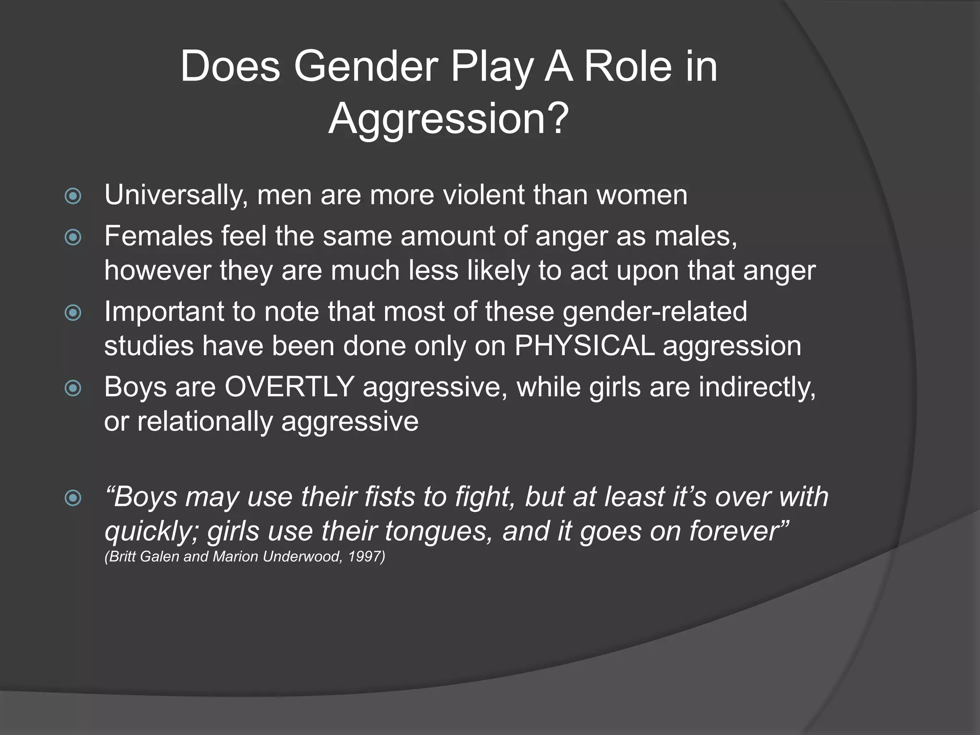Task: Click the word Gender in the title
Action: (x=366, y=67)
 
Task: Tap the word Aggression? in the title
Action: (x=448, y=119)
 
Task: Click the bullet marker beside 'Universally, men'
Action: (x=73, y=196)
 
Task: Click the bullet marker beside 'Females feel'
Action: (x=73, y=237)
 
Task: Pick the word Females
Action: (x=158, y=236)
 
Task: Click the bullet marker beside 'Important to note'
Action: (x=73, y=312)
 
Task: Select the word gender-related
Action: (x=655, y=312)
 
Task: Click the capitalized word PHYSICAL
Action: (x=584, y=346)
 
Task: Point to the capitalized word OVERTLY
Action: (x=290, y=387)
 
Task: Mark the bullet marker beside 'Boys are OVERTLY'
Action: (x=73, y=388)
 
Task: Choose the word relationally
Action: (x=205, y=422)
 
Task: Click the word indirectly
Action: (x=757, y=387)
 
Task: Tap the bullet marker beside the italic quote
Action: (x=73, y=498)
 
